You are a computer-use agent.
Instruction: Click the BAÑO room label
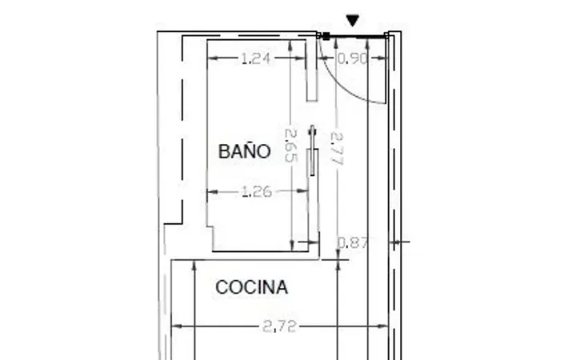pyautogui.click(x=244, y=151)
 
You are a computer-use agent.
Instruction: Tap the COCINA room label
pyautogui.click(x=252, y=287)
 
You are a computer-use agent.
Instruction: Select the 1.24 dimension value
pyautogui.click(x=256, y=58)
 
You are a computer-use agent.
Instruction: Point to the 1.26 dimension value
pyautogui.click(x=257, y=191)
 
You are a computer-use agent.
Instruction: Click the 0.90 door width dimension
pyautogui.click(x=352, y=58)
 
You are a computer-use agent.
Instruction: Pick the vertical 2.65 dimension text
pyautogui.click(x=290, y=146)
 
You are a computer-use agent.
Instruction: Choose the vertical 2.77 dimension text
pyautogui.click(x=337, y=149)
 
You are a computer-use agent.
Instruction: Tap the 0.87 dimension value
pyautogui.click(x=352, y=242)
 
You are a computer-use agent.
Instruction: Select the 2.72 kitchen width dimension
pyautogui.click(x=279, y=326)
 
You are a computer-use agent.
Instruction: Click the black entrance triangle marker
pyautogui.click(x=353, y=20)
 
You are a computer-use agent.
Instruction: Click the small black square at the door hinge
pyautogui.click(x=326, y=36)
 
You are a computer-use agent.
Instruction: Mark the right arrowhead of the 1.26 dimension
pyautogui.click(x=303, y=191)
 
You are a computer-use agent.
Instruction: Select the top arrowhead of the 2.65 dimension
pyautogui.click(x=290, y=45)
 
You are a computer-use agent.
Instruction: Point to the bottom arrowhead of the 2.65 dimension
pyautogui.click(x=292, y=246)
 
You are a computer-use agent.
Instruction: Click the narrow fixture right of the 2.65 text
pyautogui.click(x=313, y=150)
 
